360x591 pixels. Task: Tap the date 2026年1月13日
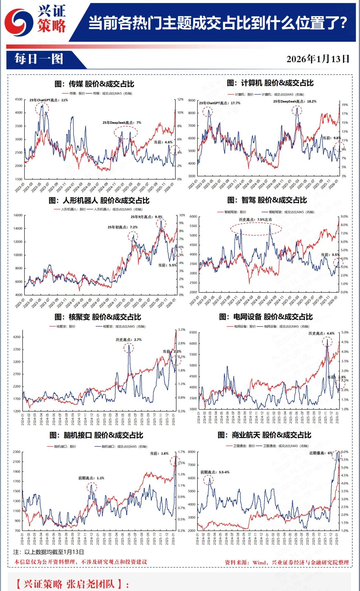tap(318, 59)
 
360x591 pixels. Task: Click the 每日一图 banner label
tap(39, 59)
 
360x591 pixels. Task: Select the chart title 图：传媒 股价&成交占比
tap(94, 84)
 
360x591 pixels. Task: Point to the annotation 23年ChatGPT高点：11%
tap(49, 100)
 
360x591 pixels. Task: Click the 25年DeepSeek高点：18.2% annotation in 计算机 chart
tap(295, 101)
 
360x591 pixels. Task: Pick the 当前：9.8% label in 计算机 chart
tap(332, 138)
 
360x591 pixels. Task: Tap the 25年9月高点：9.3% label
tap(147, 217)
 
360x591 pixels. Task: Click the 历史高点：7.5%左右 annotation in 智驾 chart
tap(255, 220)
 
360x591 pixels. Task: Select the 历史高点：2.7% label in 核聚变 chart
tap(129, 340)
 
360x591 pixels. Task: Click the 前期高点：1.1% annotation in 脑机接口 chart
tap(91, 478)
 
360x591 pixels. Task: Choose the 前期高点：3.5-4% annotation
tap(215, 472)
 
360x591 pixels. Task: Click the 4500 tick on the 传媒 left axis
tap(19, 99)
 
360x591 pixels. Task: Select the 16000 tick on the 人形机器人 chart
tap(18, 215)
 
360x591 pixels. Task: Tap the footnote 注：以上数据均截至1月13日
tap(49, 552)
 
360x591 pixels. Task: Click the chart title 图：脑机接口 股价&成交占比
tap(96, 435)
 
